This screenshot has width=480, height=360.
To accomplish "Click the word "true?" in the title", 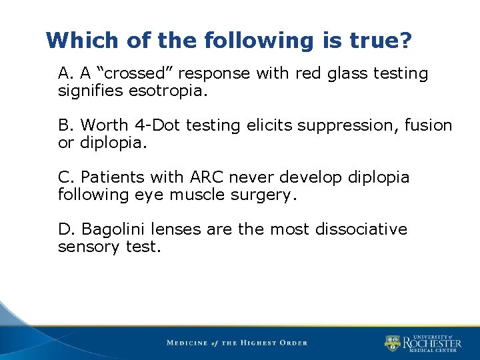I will click(378, 41).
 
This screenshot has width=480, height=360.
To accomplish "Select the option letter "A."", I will click(65, 73).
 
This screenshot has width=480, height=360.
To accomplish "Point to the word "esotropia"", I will click(173, 90).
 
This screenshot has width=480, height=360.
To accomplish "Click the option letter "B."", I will click(65, 125).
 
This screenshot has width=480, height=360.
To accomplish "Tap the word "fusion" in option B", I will click(429, 125).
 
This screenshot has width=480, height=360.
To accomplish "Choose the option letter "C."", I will click(65, 177).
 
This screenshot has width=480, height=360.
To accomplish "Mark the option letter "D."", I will click(66, 229).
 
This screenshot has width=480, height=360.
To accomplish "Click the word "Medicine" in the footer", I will click(190, 343).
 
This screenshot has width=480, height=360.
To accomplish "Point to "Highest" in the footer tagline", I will click(263, 343).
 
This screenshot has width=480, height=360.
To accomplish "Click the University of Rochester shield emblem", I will click(392, 343).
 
